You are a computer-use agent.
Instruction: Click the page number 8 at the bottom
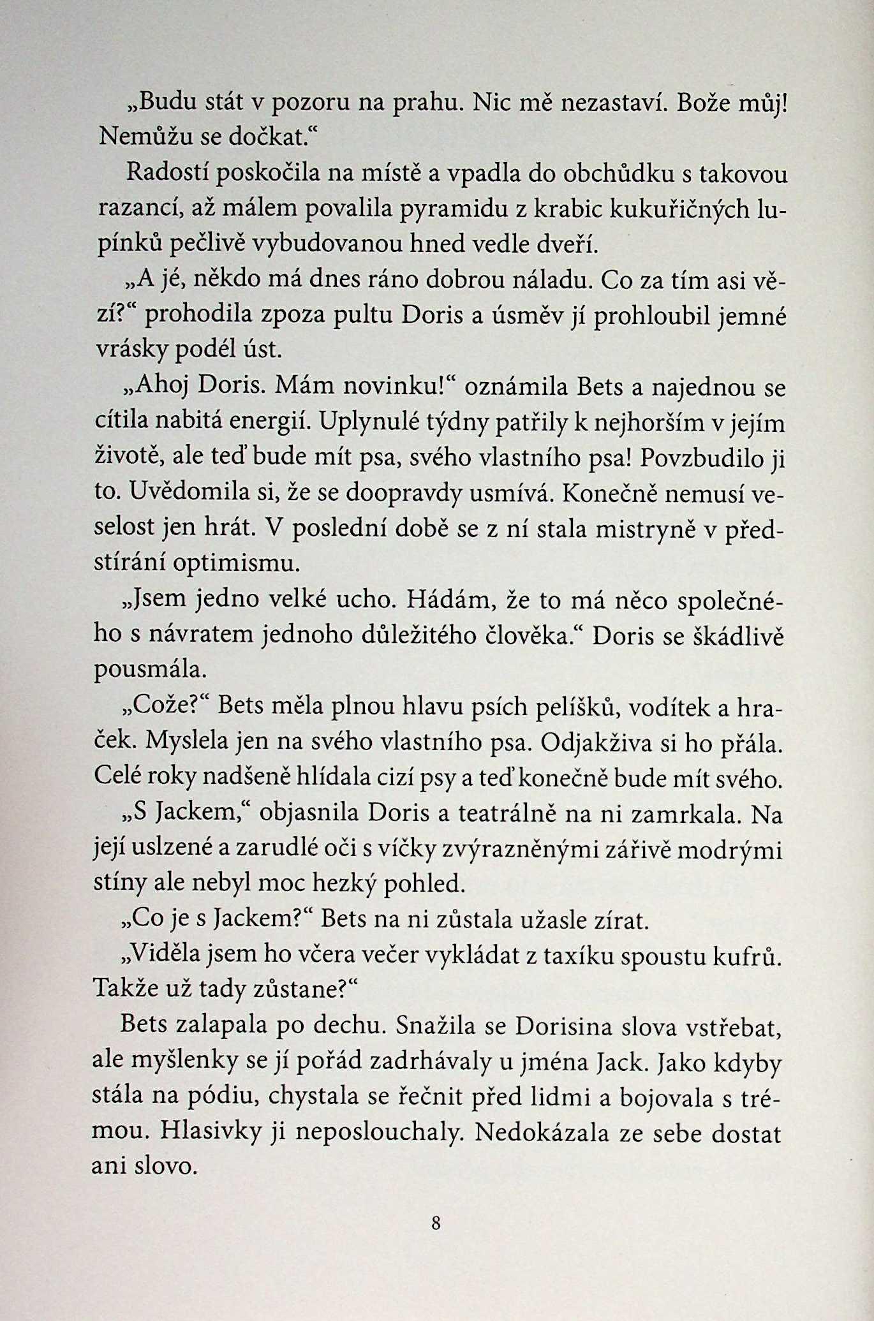click(436, 1223)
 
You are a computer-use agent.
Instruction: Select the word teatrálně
click(521, 815)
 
